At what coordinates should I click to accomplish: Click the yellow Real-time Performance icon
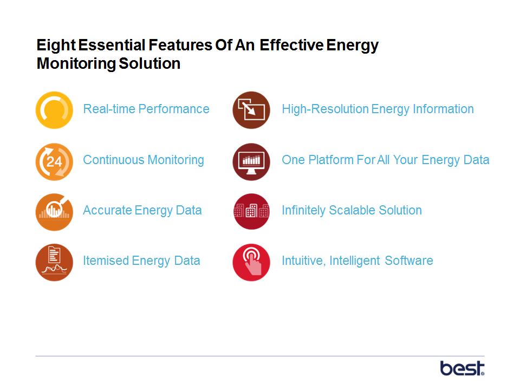click(54, 110)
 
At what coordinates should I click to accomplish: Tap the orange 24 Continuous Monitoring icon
click(54, 162)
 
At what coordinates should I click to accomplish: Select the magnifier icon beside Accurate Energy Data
click(54, 212)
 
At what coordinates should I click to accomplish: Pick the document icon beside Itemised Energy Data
click(54, 263)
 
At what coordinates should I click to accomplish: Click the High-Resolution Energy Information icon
click(251, 110)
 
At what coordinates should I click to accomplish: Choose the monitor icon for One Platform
click(251, 162)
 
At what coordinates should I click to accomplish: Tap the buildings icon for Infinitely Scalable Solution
click(251, 212)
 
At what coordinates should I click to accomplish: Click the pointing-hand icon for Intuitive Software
click(251, 263)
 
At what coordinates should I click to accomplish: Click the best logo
click(462, 368)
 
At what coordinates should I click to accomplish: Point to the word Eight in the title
click(56, 45)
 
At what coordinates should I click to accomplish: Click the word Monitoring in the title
click(76, 64)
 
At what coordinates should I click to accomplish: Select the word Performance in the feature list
click(174, 109)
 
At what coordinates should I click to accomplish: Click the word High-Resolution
click(325, 109)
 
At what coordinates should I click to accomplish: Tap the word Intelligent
click(354, 261)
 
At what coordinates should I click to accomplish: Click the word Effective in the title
click(291, 45)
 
